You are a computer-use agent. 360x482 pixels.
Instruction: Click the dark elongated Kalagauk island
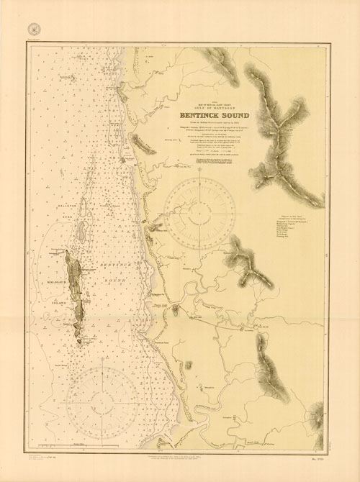pos(74,288)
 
